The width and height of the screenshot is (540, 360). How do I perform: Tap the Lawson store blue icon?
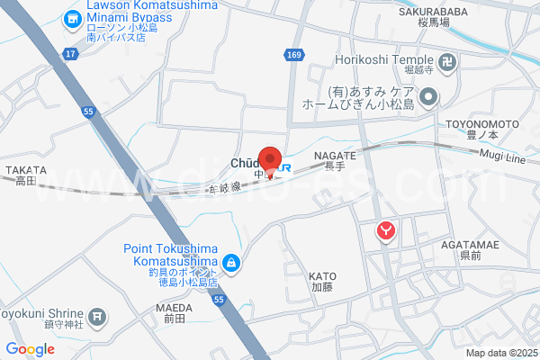tap(72, 18)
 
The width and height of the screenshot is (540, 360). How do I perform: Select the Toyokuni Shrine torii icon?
tap(98, 317)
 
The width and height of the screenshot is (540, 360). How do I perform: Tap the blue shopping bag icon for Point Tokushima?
tap(232, 262)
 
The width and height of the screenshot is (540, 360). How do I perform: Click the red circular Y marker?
tap(386, 231)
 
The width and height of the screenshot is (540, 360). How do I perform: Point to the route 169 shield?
tap(294, 55)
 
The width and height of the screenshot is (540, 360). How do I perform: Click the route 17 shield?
tap(70, 55)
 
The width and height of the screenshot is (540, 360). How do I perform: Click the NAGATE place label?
tap(335, 156)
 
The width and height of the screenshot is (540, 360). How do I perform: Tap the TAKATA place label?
tap(24, 169)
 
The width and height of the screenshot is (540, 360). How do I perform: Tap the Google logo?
tap(31, 349)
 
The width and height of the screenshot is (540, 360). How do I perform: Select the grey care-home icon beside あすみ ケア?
tap(429, 95)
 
